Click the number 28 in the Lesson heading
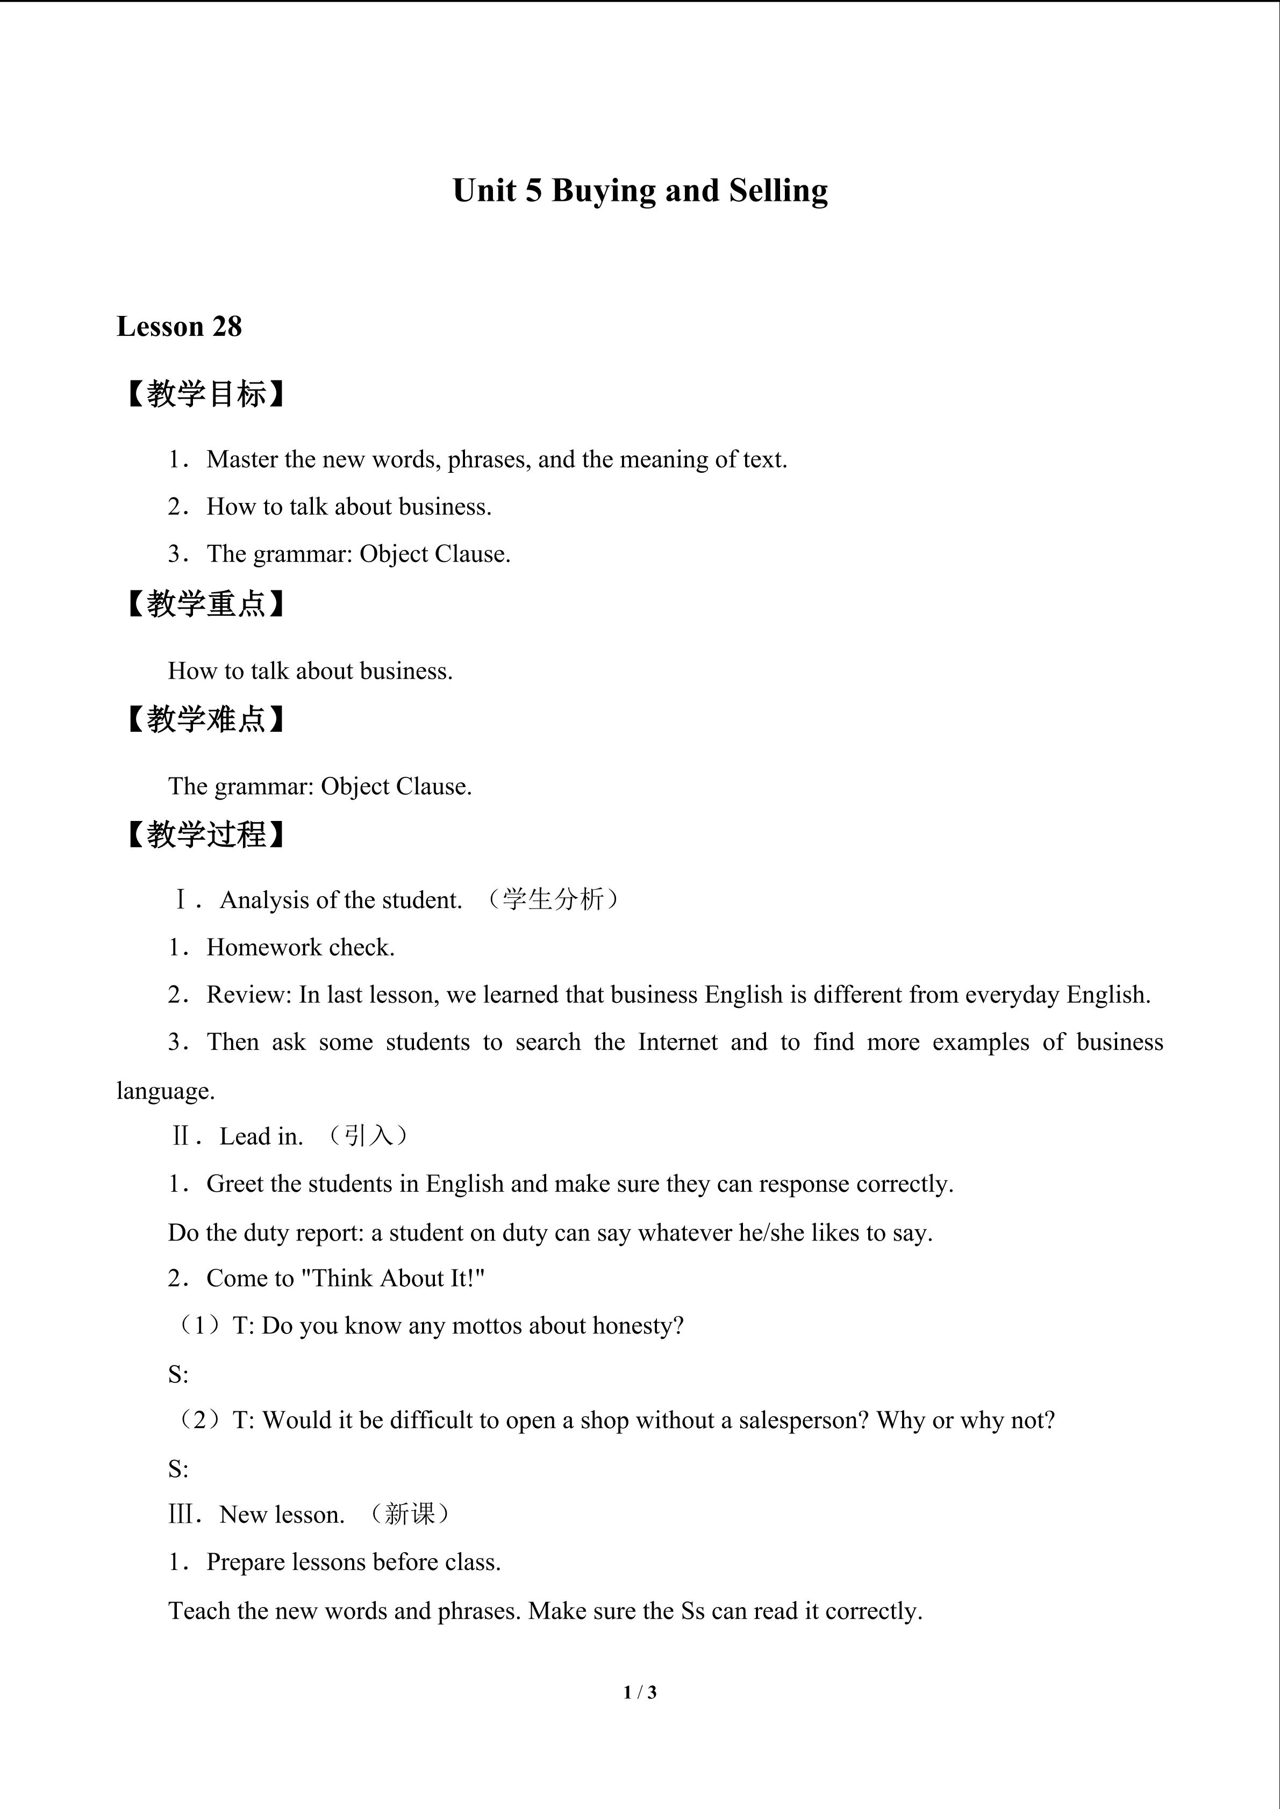click(x=227, y=326)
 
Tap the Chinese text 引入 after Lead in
click(x=368, y=1135)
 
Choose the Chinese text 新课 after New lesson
click(x=409, y=1513)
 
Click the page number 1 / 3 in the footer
click(x=640, y=1692)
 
